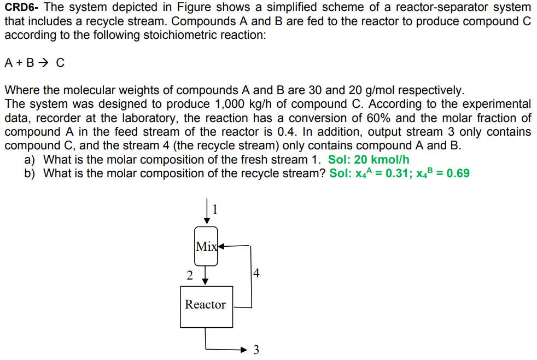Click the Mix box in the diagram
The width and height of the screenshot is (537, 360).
206,246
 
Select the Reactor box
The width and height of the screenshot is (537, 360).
206,305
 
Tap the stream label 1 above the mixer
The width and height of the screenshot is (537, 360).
215,208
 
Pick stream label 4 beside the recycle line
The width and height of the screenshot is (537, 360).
256,272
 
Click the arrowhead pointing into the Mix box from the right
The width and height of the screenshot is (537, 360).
221,246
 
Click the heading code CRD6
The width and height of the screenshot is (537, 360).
20,8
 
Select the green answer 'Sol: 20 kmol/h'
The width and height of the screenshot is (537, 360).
368,160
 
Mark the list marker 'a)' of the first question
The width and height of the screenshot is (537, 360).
30,160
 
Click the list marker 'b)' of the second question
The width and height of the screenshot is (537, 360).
30,174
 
